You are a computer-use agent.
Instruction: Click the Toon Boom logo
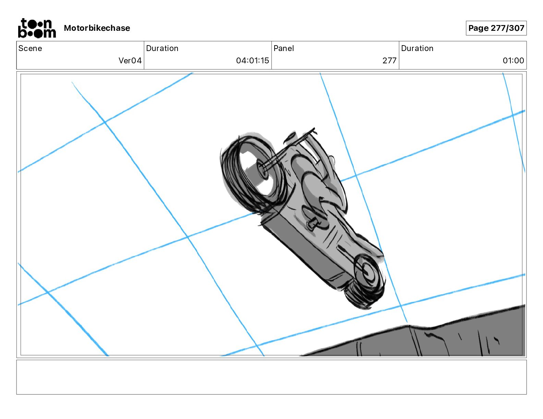pyautogui.click(x=37, y=28)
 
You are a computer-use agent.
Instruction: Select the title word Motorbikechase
pyautogui.click(x=97, y=28)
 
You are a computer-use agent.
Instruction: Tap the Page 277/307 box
pyautogui.click(x=496, y=28)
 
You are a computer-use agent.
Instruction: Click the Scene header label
pyautogui.click(x=30, y=48)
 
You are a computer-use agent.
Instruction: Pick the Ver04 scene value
pyautogui.click(x=130, y=60)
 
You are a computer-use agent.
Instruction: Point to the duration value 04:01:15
pyautogui.click(x=252, y=60)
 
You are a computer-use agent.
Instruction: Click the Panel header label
pyautogui.click(x=283, y=48)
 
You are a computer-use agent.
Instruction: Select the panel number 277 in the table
pyautogui.click(x=389, y=60)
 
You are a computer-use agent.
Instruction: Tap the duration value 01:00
pyautogui.click(x=513, y=60)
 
